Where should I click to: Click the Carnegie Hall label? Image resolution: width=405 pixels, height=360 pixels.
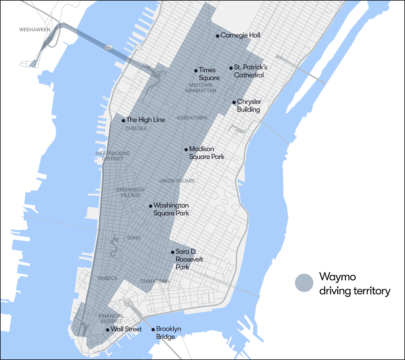(x=240, y=35)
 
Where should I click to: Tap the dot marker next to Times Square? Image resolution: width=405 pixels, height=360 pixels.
(x=196, y=71)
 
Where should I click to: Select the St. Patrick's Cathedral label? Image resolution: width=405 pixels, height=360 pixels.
(x=250, y=71)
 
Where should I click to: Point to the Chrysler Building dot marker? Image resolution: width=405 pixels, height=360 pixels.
(x=234, y=102)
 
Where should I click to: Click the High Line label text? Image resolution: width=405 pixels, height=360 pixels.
(x=146, y=120)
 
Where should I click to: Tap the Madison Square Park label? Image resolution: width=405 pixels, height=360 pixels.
(x=207, y=153)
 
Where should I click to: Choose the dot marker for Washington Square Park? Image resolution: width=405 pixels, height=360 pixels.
(x=151, y=206)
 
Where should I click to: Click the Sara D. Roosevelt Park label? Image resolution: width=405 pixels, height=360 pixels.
(x=189, y=259)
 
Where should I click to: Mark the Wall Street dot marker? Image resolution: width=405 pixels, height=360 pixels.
(x=107, y=330)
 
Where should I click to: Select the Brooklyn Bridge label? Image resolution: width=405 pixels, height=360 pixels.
(x=168, y=332)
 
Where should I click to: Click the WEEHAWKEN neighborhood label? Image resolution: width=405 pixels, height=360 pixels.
(x=35, y=30)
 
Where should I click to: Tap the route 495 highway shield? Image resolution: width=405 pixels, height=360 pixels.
(x=108, y=47)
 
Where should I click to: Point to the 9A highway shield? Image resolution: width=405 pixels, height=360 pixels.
(x=139, y=47)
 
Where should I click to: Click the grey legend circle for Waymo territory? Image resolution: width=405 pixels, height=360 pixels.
(x=304, y=283)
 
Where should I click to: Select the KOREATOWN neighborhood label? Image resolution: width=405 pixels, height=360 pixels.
(x=192, y=118)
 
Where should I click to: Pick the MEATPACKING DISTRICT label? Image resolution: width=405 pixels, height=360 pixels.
(x=113, y=156)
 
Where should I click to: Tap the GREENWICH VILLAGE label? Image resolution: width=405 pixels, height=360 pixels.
(x=130, y=192)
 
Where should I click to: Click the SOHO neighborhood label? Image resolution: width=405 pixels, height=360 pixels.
(x=134, y=238)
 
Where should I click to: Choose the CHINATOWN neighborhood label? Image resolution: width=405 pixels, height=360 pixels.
(x=155, y=281)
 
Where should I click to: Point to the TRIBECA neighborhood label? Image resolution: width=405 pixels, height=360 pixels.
(x=107, y=278)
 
